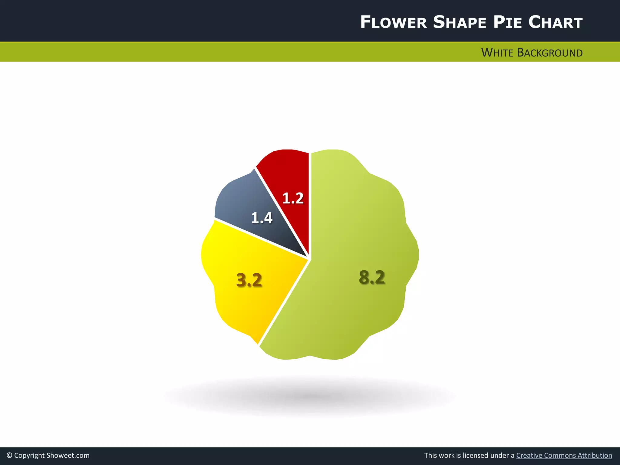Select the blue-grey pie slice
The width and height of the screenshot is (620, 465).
coord(239,200)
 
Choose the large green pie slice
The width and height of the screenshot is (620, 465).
coord(357,236)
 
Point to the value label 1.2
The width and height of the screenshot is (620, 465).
coord(293,198)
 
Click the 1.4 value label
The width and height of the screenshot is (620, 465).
coord(262,218)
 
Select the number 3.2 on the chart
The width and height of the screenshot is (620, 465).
coord(249,280)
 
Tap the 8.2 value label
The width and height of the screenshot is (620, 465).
coord(372,277)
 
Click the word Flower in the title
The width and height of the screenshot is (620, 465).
coord(393,22)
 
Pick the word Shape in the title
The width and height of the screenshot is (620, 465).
coord(460,22)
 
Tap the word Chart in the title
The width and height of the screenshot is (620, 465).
coord(556,22)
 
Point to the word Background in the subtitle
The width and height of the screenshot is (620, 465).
coord(550,53)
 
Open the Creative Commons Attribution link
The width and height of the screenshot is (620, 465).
coord(564,456)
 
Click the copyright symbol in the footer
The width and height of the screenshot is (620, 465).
coord(9,456)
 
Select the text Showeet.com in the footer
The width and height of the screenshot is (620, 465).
coord(68,456)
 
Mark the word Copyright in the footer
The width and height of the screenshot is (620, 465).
coord(29,456)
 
